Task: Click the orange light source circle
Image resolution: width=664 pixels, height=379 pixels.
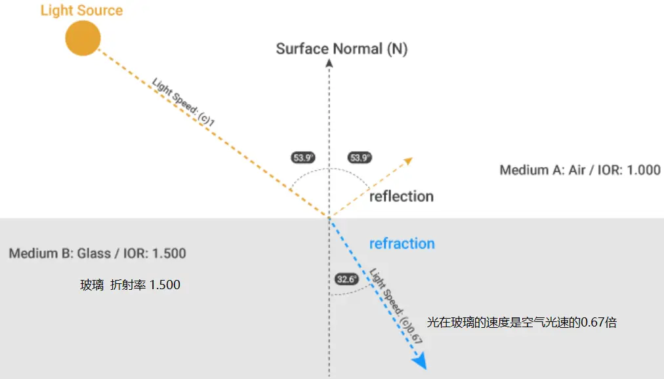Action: pyautogui.click(x=83, y=38)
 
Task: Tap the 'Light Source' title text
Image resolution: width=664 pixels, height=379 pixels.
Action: pyautogui.click(x=81, y=10)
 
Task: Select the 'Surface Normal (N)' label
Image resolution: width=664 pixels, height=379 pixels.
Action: pyautogui.click(x=341, y=49)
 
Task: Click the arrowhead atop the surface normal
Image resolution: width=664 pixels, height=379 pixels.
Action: pyautogui.click(x=329, y=64)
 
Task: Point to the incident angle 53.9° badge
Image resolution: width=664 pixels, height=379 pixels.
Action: pyautogui.click(x=303, y=157)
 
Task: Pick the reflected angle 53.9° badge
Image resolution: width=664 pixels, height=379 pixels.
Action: pyautogui.click(x=360, y=157)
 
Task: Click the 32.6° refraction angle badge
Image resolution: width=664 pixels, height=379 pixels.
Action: pyautogui.click(x=346, y=279)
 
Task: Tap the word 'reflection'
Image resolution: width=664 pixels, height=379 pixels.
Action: pyautogui.click(x=401, y=197)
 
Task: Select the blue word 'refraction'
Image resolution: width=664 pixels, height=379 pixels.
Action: pyautogui.click(x=402, y=244)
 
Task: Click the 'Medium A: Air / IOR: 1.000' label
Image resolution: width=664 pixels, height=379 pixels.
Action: pyautogui.click(x=580, y=170)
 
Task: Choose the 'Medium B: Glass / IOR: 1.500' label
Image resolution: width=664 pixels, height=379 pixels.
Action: pyautogui.click(x=97, y=253)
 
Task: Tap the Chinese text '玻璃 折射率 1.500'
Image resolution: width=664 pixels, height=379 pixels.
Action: pyautogui.click(x=130, y=285)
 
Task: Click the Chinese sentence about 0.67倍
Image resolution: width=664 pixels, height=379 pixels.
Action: pyautogui.click(x=522, y=322)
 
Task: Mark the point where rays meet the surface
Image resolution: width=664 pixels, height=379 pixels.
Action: pyautogui.click(x=329, y=218)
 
